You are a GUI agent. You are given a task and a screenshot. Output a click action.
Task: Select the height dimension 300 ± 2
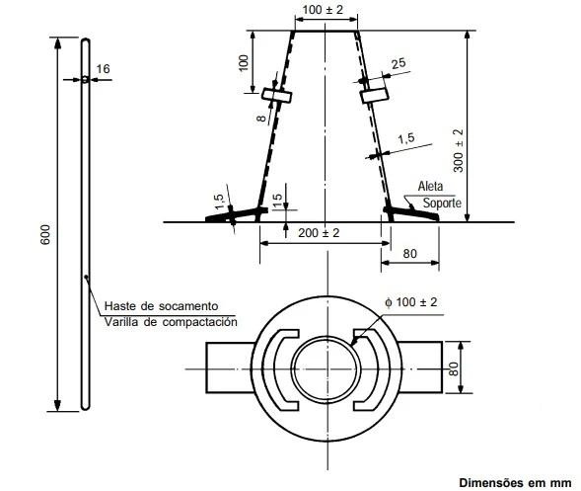point(457,148)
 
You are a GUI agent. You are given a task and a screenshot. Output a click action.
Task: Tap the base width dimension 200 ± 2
point(319,232)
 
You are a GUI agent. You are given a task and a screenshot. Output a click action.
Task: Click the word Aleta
point(431,185)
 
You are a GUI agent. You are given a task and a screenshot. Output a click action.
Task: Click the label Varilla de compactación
point(169,322)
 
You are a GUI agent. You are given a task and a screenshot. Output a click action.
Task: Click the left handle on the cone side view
point(277,96)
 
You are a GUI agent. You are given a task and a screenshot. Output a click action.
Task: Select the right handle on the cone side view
point(373,96)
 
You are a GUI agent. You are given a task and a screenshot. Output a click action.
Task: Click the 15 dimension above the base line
point(279,197)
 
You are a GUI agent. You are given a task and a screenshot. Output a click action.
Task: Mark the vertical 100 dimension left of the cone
point(243,62)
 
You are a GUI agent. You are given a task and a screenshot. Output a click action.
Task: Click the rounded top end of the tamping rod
point(86,42)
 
